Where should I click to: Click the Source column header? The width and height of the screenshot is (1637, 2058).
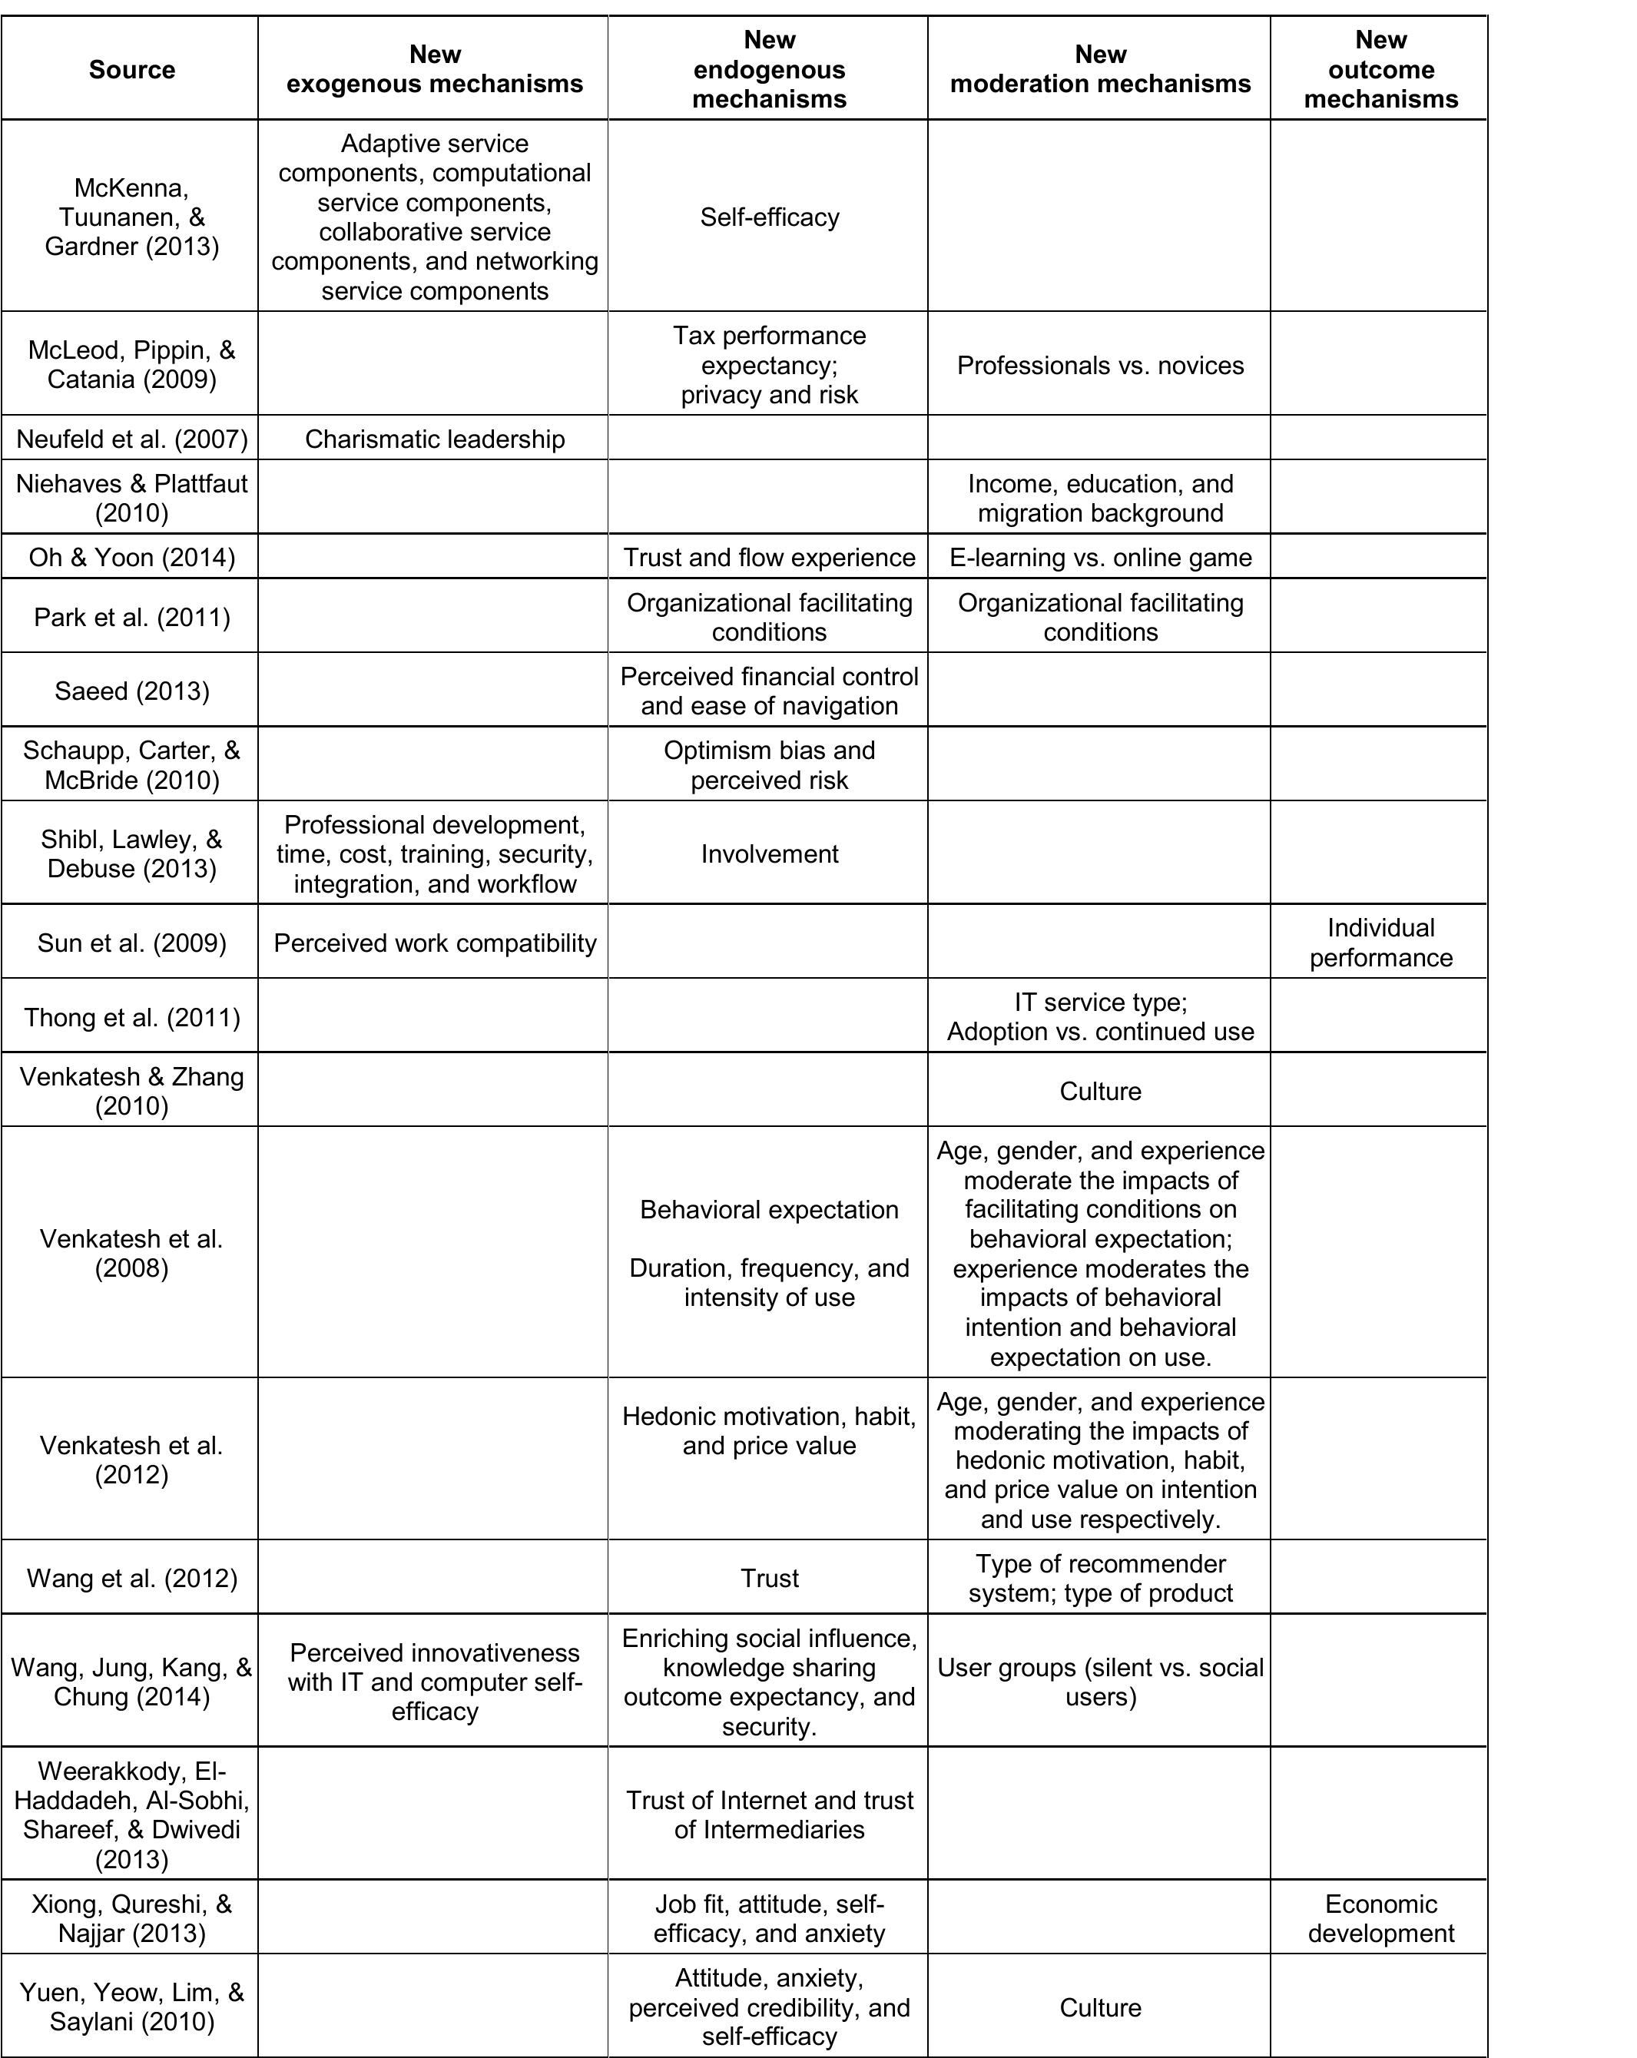pyautogui.click(x=131, y=68)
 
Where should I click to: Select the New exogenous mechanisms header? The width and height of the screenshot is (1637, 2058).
pyautogui.click(x=434, y=68)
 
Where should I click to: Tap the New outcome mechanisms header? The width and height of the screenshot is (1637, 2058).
pyautogui.click(x=1380, y=68)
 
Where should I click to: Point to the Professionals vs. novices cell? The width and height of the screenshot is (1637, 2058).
pyautogui.click(x=1099, y=365)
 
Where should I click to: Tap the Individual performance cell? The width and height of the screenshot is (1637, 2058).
pyautogui.click(x=1380, y=942)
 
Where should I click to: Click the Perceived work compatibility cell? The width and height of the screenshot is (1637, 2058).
pyautogui.click(x=434, y=942)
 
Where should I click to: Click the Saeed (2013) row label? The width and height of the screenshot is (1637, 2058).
pyautogui.click(x=131, y=690)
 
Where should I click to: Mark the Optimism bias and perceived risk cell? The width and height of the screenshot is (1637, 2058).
pyautogui.click(x=768, y=764)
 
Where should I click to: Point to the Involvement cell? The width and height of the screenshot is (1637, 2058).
pyautogui.click(x=768, y=853)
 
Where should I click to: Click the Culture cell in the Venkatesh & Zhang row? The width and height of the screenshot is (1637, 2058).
pyautogui.click(x=1099, y=1090)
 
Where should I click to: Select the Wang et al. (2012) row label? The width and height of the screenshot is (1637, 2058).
pyautogui.click(x=131, y=1577)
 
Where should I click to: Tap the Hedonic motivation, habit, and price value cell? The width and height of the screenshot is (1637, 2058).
pyautogui.click(x=768, y=1430)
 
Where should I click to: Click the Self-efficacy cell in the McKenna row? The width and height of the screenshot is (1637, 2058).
pyautogui.click(x=768, y=217)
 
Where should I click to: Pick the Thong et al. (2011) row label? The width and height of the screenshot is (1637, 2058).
pyautogui.click(x=131, y=1016)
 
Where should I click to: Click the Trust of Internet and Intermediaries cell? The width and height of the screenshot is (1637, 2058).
pyautogui.click(x=768, y=1814)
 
